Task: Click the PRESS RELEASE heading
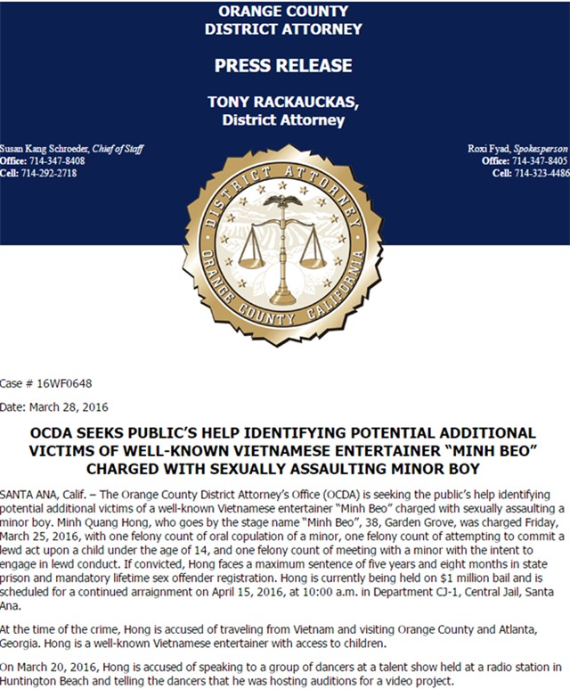click(283, 65)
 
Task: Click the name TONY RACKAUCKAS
click(283, 103)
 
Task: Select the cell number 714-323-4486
click(541, 173)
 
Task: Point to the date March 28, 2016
click(80, 407)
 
